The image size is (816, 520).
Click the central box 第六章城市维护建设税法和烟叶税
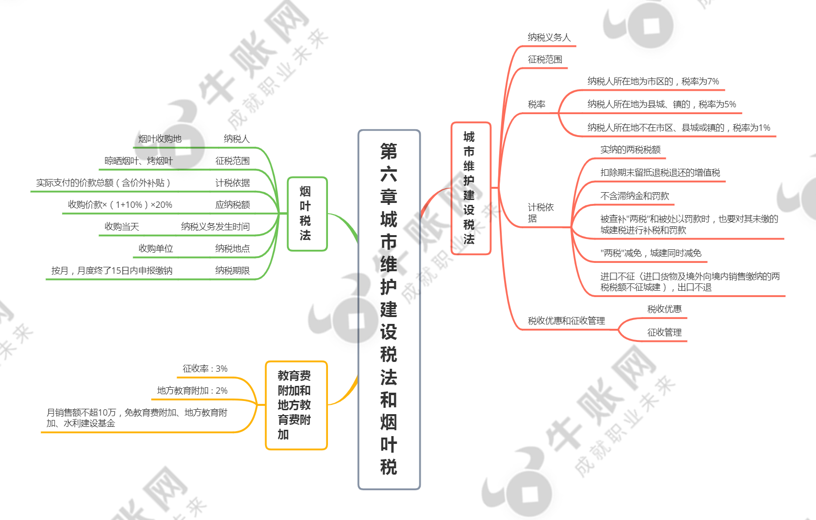pyautogui.click(x=389, y=310)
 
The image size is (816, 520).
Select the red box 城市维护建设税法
pyautogui.click(x=471, y=188)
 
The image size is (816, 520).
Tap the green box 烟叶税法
pyautogui.click(x=307, y=214)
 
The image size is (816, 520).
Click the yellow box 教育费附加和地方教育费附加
pyautogui.click(x=297, y=405)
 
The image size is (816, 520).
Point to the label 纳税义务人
pyautogui.click(x=549, y=37)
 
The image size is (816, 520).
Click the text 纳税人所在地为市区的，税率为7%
pyautogui.click(x=653, y=81)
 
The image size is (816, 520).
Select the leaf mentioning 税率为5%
pyautogui.click(x=662, y=104)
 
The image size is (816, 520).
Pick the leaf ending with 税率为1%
pyautogui.click(x=679, y=127)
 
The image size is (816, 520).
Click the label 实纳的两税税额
pyautogui.click(x=630, y=149)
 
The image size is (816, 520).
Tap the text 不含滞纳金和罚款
pyautogui.click(x=634, y=196)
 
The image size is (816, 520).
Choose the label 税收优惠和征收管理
pyautogui.click(x=566, y=320)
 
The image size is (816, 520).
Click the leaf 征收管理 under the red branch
pyautogui.click(x=664, y=332)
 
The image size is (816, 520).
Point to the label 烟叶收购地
pyautogui.click(x=160, y=139)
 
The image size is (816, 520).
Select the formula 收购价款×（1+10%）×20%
pyautogui.click(x=120, y=205)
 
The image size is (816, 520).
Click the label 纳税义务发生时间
pyautogui.click(x=215, y=226)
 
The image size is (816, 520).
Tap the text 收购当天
pyautogui.click(x=122, y=226)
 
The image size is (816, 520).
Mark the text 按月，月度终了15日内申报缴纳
pyautogui.click(x=112, y=271)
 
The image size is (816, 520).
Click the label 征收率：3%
pyautogui.click(x=205, y=368)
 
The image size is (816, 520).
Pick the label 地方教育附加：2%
pyautogui.click(x=192, y=391)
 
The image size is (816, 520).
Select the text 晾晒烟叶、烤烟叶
pyautogui.click(x=139, y=160)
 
